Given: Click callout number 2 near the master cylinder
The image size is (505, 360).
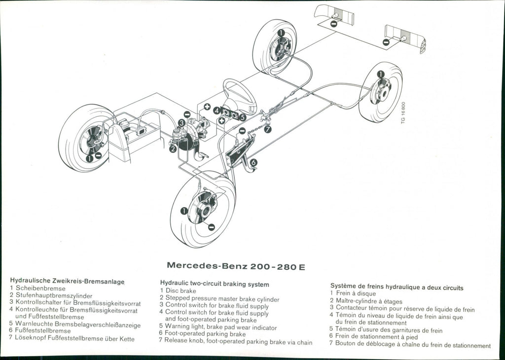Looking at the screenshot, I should pos(173,148).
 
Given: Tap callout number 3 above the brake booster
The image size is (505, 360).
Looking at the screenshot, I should pos(181,123).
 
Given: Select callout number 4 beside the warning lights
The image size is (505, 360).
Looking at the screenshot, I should pos(217,110).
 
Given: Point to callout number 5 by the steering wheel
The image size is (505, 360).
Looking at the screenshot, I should pos(243,117).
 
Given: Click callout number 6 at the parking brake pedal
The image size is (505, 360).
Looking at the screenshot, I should pos(253,162).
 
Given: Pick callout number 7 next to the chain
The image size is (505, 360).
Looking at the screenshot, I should pos(268,129).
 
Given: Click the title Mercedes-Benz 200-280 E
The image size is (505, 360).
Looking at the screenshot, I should pos(236,266).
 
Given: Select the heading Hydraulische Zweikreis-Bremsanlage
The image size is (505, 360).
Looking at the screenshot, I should pos(67,280).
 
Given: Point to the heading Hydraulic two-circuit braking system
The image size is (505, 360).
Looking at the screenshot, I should pos(215,284).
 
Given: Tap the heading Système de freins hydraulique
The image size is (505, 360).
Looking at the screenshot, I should pos(397,287).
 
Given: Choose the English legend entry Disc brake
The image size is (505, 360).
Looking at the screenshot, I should pos(181,291).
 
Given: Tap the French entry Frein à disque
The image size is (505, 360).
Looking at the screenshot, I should pos(356,293).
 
